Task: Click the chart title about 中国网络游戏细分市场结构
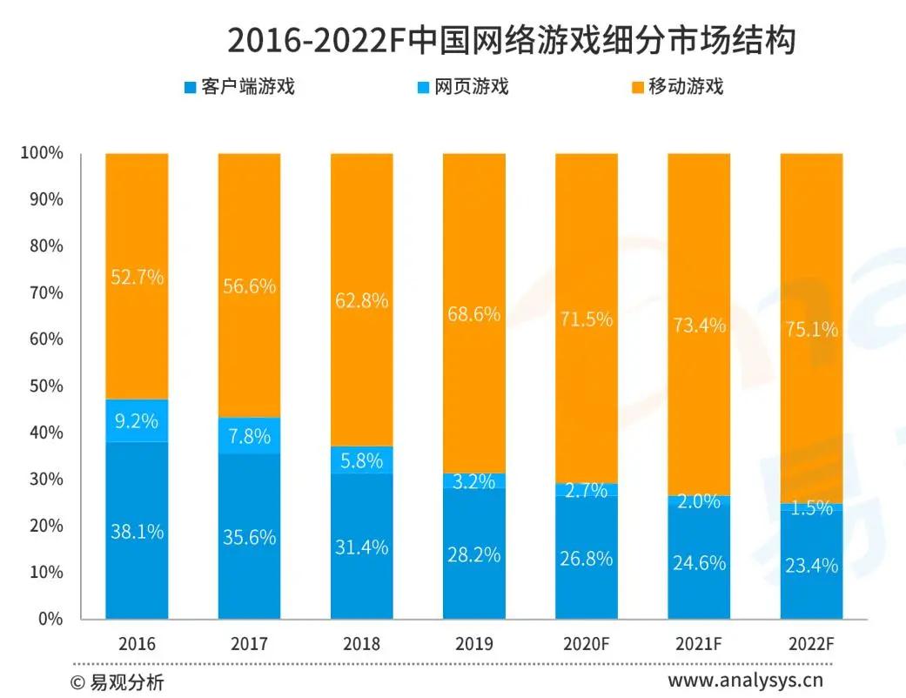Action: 511,40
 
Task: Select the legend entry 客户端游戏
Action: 239,86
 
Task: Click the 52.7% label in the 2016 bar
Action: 137,278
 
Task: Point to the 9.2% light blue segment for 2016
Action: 137,421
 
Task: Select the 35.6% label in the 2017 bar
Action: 249,537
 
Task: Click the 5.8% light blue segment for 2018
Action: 361,460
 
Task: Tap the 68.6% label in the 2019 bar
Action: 473,314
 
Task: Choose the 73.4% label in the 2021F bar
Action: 699,326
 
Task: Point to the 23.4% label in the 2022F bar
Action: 811,566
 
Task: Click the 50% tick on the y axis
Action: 42,386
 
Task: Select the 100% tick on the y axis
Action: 42,153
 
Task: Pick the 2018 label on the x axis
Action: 361,645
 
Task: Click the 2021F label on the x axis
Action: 699,645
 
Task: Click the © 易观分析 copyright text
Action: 117,681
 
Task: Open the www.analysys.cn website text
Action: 745,680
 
